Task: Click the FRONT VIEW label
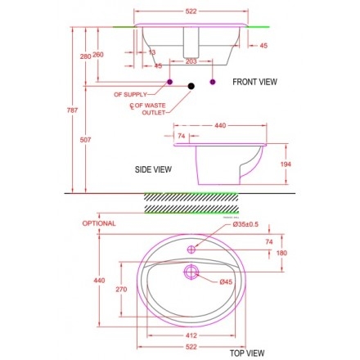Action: [x=254, y=82]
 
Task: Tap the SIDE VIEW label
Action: [x=153, y=169]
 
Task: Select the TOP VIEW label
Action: [x=247, y=353]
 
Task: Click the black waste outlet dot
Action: [x=191, y=86]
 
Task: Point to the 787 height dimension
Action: [x=72, y=110]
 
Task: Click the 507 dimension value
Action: [x=85, y=140]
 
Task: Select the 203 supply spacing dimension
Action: [x=191, y=61]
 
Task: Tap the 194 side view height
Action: [x=286, y=164]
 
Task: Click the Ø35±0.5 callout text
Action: [x=245, y=224]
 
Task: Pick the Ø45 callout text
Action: [x=226, y=281]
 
